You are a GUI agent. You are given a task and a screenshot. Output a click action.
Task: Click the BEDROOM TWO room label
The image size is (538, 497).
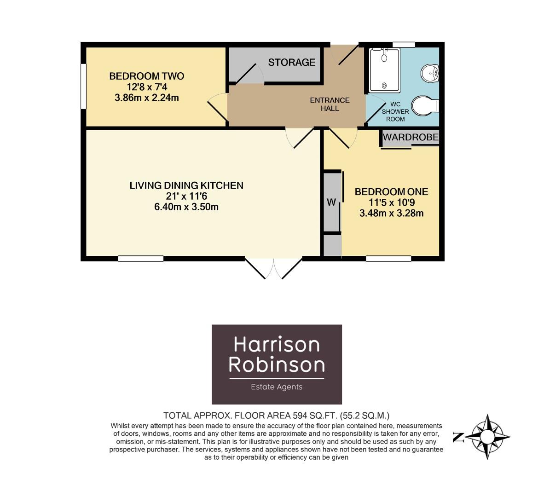(146, 76)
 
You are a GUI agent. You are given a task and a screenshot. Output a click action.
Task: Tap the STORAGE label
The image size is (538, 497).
(292, 62)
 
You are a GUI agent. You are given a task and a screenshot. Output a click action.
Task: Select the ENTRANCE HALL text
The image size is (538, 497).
(330, 104)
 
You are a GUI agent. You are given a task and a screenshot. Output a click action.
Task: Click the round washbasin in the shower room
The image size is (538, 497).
(430, 73)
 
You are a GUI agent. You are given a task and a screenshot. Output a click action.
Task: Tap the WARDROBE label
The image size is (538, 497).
(411, 137)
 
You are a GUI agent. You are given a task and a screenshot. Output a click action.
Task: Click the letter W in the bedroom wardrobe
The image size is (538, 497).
(331, 202)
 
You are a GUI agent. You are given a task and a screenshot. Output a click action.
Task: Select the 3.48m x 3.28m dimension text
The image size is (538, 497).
(391, 213)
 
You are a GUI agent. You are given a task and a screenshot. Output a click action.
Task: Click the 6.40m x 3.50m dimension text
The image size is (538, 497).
(186, 207)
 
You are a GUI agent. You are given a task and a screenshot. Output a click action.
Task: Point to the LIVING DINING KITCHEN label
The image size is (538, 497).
(186, 185)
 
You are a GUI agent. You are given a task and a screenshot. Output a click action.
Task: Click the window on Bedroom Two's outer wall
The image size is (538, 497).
(83, 86)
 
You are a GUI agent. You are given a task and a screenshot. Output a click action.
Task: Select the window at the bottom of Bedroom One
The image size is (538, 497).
(388, 259)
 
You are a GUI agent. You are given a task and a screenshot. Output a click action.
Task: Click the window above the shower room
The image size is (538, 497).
(404, 45)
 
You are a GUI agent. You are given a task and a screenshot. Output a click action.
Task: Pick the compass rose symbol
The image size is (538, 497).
(488, 437)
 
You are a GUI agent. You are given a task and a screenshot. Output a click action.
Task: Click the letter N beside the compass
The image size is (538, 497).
(458, 437)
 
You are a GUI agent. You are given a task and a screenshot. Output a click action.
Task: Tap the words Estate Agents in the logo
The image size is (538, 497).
(277, 387)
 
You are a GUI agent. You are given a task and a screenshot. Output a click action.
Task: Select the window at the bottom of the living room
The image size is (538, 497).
(141, 259)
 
